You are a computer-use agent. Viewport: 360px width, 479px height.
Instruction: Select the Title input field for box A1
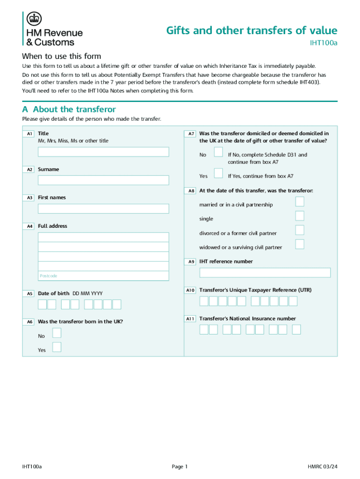(103, 152)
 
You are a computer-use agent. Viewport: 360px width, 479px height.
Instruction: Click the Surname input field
(103, 180)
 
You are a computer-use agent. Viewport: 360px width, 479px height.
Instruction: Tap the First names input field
(103, 209)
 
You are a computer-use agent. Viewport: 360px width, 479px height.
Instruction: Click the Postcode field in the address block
(103, 276)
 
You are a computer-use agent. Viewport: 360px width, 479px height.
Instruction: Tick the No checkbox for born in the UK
(57, 333)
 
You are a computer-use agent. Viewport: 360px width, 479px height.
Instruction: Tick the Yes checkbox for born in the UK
(57, 347)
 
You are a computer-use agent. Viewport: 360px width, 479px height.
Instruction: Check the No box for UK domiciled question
(218, 152)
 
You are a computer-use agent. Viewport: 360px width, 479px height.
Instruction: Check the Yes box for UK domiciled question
(218, 174)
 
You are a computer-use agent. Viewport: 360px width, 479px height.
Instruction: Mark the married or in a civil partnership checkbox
(300, 202)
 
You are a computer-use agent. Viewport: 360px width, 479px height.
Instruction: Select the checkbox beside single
(300, 216)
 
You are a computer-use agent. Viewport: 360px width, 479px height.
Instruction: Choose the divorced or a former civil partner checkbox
(300, 230)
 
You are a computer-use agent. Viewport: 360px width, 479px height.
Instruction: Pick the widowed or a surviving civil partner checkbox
(300, 244)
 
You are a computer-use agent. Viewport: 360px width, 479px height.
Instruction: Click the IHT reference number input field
(265, 273)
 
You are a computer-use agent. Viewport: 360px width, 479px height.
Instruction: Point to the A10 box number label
(190, 290)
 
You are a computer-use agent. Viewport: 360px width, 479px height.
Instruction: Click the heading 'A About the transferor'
(69, 109)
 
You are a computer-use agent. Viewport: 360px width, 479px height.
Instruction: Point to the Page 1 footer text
(180, 466)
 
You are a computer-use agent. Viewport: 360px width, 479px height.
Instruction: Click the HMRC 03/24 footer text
(322, 466)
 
